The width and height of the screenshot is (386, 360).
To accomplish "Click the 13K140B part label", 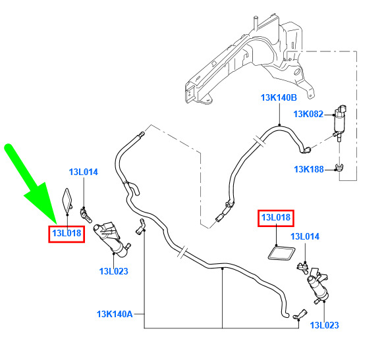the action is click(x=279, y=97).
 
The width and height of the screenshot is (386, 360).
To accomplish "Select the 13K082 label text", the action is click(x=308, y=114).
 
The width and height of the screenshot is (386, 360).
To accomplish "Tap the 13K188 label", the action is click(x=309, y=169).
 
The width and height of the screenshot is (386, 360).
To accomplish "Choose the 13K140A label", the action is click(x=115, y=314).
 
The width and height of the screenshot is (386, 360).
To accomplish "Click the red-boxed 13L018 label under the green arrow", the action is click(x=67, y=233).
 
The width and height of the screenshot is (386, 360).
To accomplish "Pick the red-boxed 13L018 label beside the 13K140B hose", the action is click(x=276, y=218).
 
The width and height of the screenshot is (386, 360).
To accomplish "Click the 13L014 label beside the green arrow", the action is click(x=84, y=172).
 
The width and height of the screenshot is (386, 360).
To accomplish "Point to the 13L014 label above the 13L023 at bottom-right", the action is click(x=305, y=236).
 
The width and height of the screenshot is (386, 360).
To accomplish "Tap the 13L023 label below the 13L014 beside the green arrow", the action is click(x=114, y=271).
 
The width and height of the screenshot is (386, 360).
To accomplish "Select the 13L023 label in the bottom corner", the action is click(x=325, y=325).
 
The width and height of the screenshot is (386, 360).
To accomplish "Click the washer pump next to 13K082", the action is click(x=340, y=122).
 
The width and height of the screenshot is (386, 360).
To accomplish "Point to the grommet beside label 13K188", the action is click(x=340, y=168).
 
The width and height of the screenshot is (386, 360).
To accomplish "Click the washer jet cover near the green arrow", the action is click(x=67, y=200).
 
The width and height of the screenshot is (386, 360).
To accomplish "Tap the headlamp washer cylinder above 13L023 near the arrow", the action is click(x=111, y=239).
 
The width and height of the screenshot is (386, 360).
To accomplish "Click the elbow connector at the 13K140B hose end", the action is click(x=306, y=149).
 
